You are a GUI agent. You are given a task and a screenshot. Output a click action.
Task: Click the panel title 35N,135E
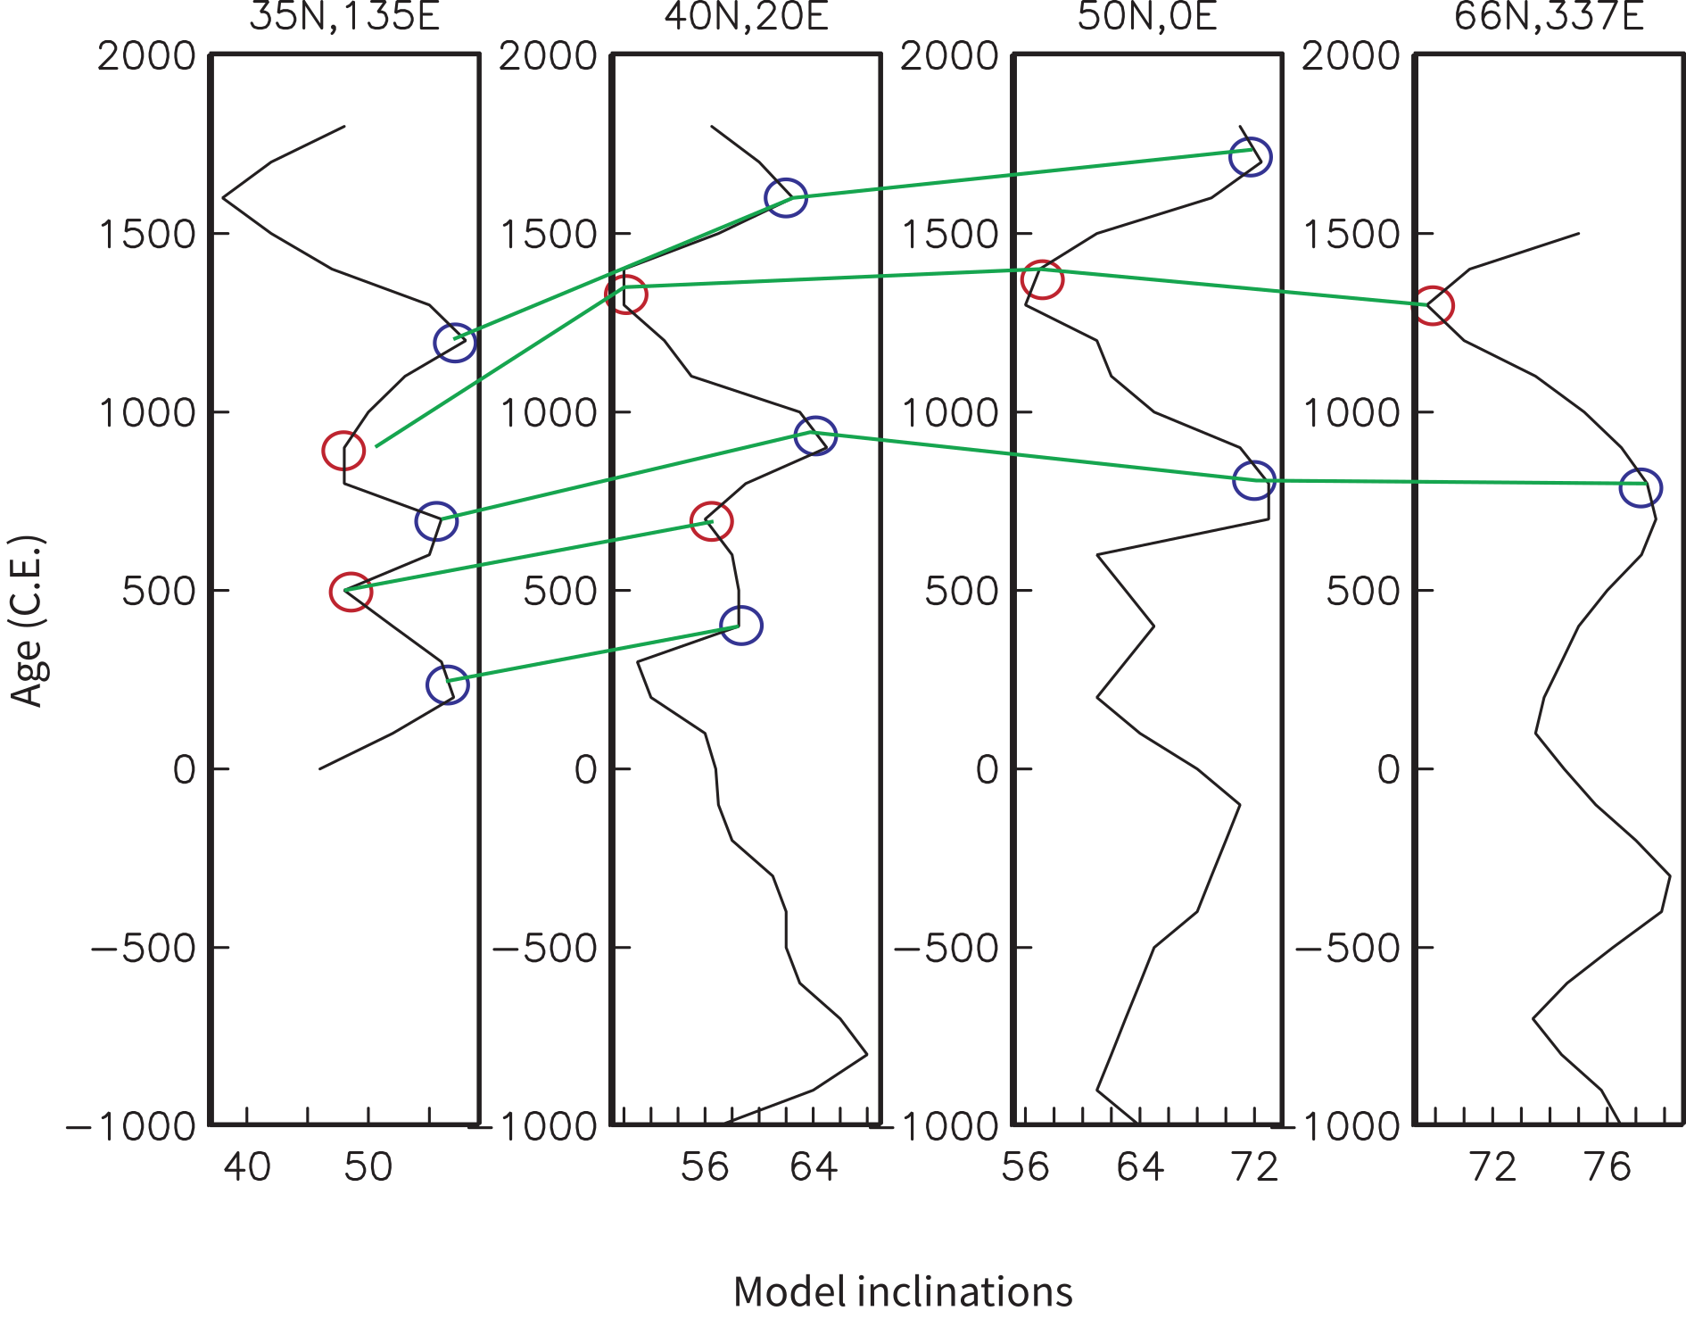pos(344,16)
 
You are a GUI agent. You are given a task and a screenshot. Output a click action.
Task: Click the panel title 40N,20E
pos(747,16)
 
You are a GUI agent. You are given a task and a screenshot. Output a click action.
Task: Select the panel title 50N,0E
pos(1147,16)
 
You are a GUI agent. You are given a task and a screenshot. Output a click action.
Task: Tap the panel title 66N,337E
pos(1549,16)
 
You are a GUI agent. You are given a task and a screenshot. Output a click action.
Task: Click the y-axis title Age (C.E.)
pos(27,621)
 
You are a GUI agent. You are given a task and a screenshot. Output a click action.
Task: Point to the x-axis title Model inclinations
pos(903,1291)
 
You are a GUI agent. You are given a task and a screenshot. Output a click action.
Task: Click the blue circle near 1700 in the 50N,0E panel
pos(1250,157)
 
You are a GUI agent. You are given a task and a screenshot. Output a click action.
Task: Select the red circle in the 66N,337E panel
pos(1433,306)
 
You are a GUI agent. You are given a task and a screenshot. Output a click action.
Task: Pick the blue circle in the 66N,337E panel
pos(1641,488)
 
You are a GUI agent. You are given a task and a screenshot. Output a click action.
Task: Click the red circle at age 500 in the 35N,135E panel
pos(351,593)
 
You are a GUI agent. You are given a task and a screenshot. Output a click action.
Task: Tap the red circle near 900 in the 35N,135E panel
pos(343,451)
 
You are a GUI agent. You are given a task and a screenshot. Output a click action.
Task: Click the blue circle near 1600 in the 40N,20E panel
pos(786,198)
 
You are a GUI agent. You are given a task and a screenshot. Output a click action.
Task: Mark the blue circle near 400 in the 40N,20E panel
pos(741,626)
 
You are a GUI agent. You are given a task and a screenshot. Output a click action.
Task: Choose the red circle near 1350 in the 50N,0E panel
pos(1042,280)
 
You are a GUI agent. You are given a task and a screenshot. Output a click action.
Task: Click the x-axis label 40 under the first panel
pos(247,1167)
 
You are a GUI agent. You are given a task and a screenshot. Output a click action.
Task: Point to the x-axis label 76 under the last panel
pos(1607,1167)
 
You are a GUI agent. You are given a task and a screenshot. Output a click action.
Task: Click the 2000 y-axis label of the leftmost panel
pos(146,56)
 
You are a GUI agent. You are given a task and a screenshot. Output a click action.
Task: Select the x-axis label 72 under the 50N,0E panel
pos(1255,1167)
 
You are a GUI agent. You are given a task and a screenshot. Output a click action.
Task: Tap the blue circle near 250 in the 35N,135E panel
pos(447,684)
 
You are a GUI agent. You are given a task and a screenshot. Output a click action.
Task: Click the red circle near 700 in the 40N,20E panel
pos(712,521)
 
